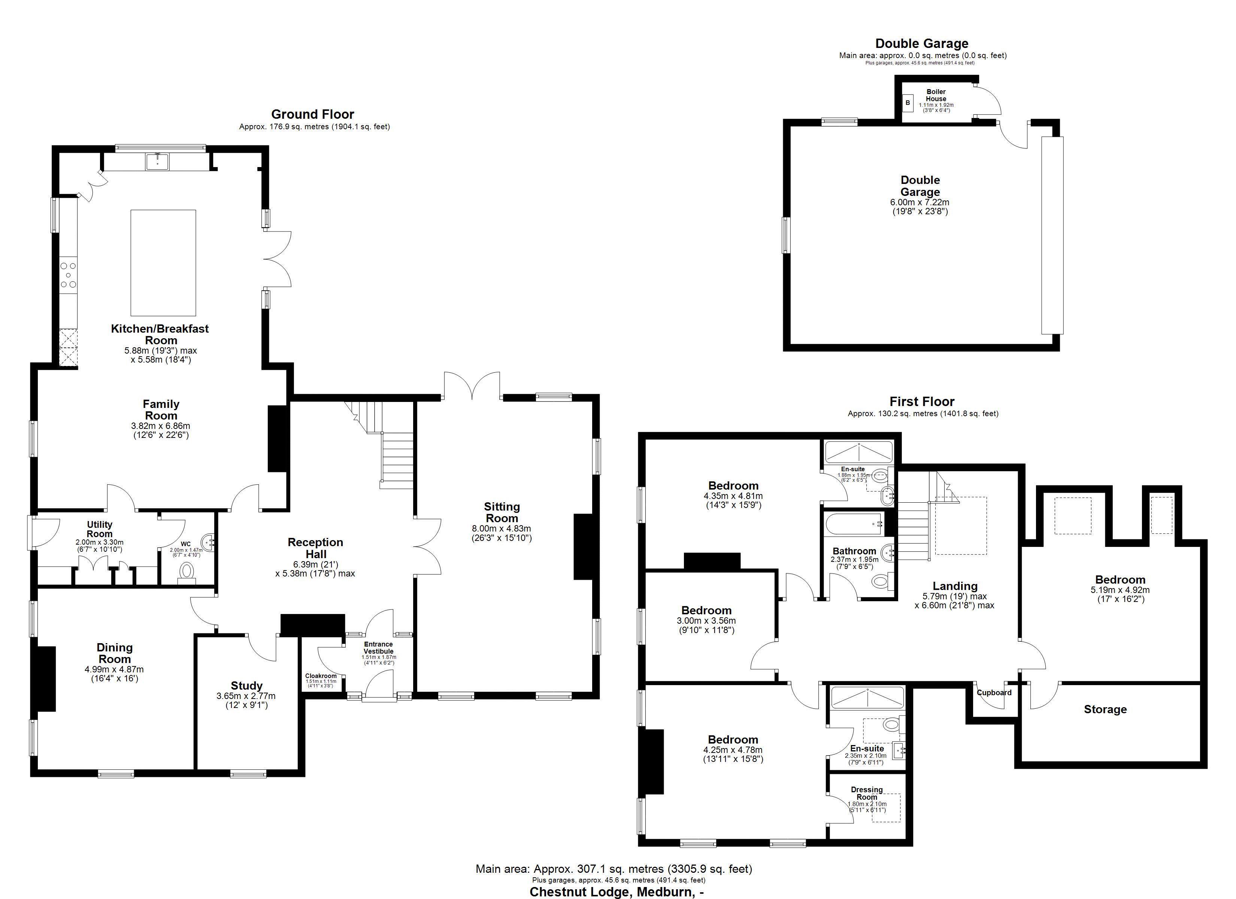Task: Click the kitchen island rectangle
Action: click(163, 263)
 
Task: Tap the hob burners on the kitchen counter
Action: click(68, 275)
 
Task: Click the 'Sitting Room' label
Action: click(502, 512)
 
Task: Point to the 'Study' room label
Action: click(246, 686)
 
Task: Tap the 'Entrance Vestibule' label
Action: click(378, 648)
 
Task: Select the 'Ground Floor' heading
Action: click(313, 114)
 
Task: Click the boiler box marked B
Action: click(908, 103)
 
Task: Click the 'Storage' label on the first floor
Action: click(1105, 709)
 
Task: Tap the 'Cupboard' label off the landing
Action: click(994, 692)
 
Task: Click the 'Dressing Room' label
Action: click(866, 793)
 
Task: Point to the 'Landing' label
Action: click(955, 587)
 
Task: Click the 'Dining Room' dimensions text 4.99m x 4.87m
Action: click(115, 669)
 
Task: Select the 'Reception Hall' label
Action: click(315, 548)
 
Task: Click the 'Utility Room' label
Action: click(100, 529)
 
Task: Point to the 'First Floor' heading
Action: click(922, 402)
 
